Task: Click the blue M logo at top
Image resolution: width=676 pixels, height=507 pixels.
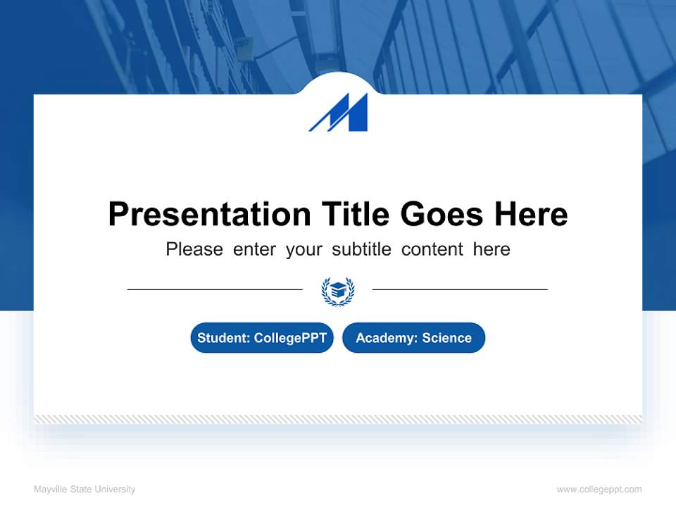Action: click(339, 113)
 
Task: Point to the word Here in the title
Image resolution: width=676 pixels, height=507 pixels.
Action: click(530, 214)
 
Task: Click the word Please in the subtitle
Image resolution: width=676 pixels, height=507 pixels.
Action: click(194, 249)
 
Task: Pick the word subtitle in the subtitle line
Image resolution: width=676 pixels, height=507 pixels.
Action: click(359, 249)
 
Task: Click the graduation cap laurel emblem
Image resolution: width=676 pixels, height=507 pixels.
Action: click(338, 290)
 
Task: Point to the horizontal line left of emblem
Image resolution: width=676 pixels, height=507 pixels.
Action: click(215, 289)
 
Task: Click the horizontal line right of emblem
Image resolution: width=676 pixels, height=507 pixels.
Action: click(460, 289)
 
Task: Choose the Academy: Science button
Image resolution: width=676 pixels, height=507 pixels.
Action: click(413, 338)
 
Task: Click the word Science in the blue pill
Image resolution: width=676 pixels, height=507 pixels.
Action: click(446, 338)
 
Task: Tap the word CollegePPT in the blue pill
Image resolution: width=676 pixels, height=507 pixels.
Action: click(290, 338)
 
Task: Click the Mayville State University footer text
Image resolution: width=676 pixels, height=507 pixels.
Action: click(84, 489)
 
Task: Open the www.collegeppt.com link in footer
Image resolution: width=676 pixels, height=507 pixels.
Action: click(599, 489)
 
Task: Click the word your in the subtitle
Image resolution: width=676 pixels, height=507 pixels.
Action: click(303, 249)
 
